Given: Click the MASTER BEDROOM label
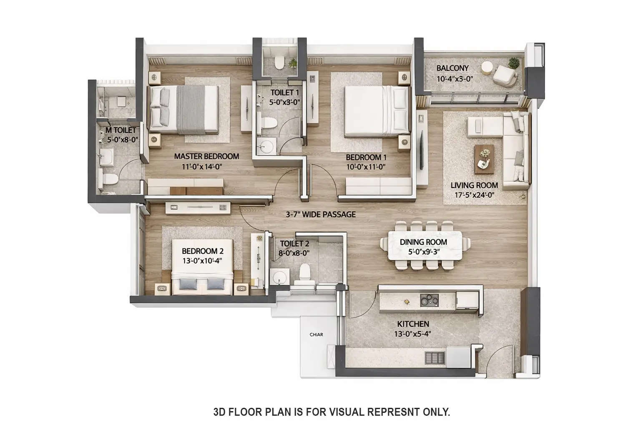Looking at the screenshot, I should [206, 156].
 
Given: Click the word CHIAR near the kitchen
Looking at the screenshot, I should [316, 334].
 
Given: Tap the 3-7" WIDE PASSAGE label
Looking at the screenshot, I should [320, 214].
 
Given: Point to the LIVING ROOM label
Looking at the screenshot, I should [474, 185].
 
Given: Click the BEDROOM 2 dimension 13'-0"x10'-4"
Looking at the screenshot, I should [202, 261].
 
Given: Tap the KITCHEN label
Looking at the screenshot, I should [413, 324].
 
